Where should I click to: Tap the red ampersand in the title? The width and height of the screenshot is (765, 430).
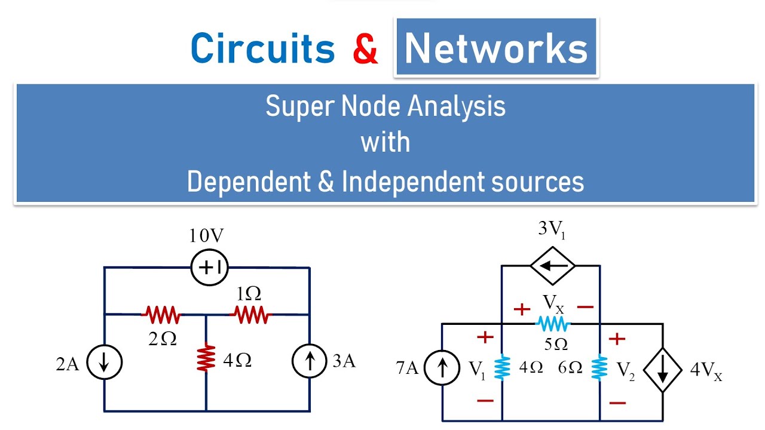365,49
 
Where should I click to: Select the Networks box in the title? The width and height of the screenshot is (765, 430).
496,48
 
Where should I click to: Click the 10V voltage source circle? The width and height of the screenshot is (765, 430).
209,267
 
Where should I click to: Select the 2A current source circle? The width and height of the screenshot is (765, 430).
105,363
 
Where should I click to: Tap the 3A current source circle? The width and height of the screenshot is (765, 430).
310,363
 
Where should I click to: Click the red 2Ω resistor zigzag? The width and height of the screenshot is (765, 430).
161,314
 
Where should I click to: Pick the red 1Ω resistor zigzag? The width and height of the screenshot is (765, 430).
251,314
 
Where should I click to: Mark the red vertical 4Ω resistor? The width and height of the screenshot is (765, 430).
206,358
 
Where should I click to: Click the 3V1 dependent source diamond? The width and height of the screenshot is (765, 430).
550,267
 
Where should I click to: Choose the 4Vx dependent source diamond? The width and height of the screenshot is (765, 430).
662,370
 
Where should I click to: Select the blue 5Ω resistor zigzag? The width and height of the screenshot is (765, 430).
553,324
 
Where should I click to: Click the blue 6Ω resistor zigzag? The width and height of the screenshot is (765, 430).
599,369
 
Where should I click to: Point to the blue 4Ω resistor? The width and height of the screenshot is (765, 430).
502,369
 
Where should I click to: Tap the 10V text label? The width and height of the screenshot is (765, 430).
206,236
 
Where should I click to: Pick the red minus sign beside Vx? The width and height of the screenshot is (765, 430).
586,307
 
